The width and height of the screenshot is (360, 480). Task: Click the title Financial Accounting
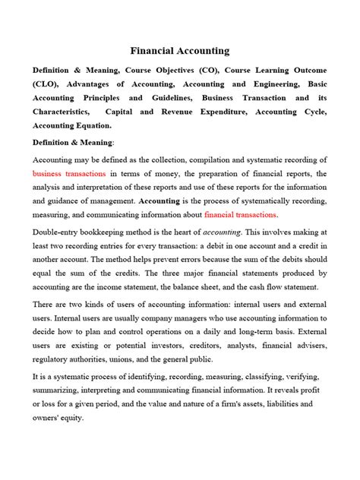click(x=180, y=51)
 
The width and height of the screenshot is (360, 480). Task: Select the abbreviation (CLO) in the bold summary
click(x=49, y=83)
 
